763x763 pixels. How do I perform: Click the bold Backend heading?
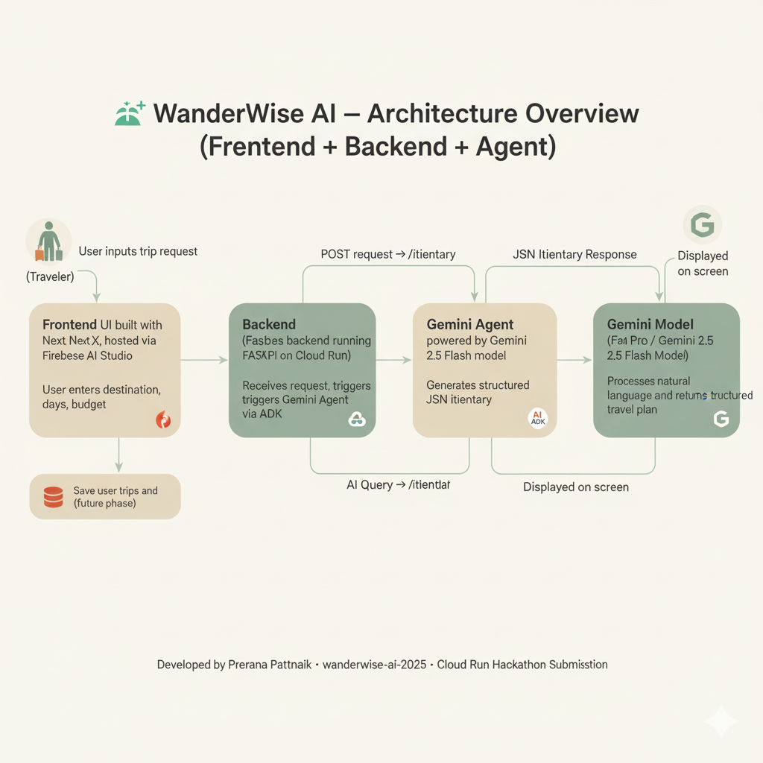point(269,325)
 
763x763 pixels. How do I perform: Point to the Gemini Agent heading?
point(469,325)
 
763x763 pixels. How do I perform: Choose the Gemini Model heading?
point(650,325)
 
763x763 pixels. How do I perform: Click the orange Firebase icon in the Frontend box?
point(163,420)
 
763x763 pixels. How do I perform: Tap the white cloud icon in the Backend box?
point(358,420)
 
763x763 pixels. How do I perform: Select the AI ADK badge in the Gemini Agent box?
point(537,419)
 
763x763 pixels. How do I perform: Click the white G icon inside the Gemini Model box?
point(721,420)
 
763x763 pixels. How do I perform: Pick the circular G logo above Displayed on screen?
point(703,225)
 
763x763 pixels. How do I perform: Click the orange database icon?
point(54,496)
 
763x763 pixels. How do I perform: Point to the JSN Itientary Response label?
point(574,255)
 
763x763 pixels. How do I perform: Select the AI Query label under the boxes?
point(399,485)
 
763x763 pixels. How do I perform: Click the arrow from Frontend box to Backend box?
point(204,360)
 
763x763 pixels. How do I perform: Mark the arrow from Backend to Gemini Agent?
point(393,360)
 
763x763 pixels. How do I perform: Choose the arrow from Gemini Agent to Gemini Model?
point(574,360)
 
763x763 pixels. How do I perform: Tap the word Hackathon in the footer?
point(508,664)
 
